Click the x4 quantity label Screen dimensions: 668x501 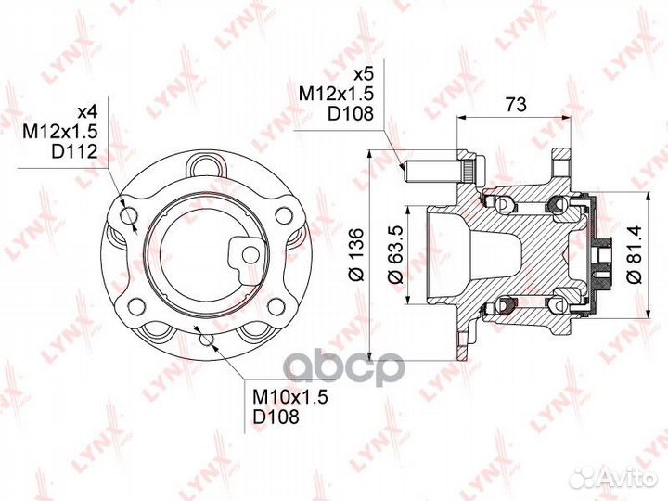click(x=88, y=112)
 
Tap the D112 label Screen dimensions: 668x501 click(x=74, y=151)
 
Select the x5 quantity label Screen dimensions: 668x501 click(x=364, y=74)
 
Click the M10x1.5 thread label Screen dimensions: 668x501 click(x=290, y=397)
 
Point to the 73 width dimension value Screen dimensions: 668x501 click(x=516, y=104)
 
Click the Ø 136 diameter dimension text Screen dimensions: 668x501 click(x=357, y=255)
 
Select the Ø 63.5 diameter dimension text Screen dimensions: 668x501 click(x=396, y=254)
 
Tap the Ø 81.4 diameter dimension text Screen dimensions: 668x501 click(x=634, y=255)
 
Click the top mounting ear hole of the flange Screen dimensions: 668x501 click(x=206, y=165)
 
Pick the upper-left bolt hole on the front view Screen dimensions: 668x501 click(x=129, y=215)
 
